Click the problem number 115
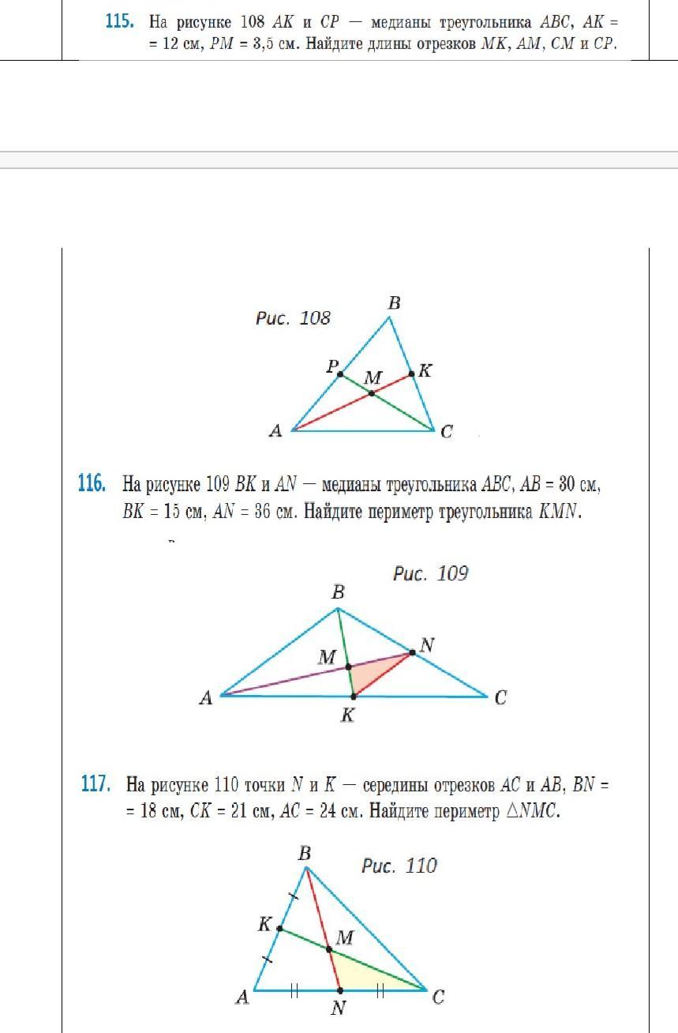pos(119,22)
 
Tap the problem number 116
pos(92,483)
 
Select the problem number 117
pos(95,784)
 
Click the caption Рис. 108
pos(293,318)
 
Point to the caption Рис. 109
pos(430,573)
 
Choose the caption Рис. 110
pos(399,866)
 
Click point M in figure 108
pos(372,393)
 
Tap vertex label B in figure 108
pos(394,302)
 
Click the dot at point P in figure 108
pos(340,374)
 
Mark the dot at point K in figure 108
pos(411,374)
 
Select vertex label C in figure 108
pos(447,432)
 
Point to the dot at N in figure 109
pos(411,652)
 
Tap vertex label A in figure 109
pos(206,698)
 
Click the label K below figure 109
pos(348,716)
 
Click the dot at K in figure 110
pos(279,929)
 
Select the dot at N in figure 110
pos(339,990)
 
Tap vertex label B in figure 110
pos(305,853)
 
